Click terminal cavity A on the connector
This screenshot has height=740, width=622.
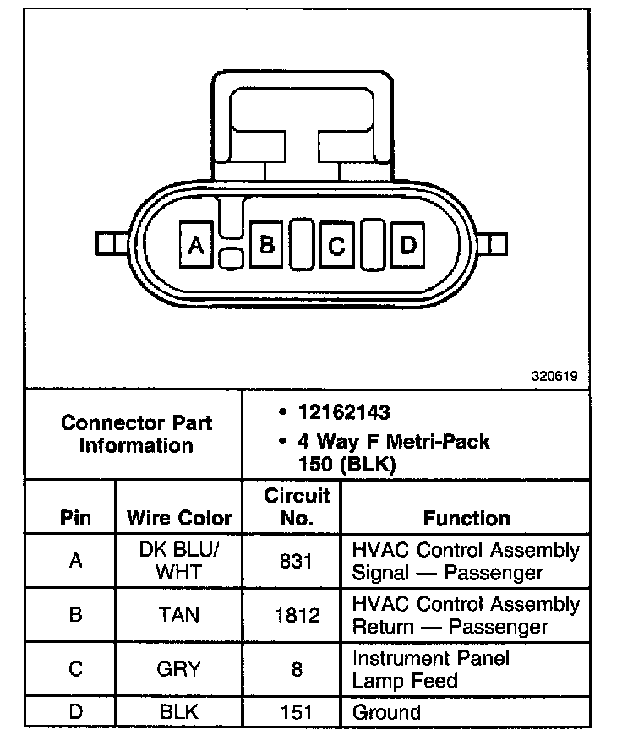[x=196, y=245]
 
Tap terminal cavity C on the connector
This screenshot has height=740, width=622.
[x=337, y=245]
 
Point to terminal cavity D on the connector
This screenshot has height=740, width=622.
[x=408, y=245]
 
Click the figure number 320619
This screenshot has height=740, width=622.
[x=554, y=378]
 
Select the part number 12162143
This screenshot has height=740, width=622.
[x=343, y=413]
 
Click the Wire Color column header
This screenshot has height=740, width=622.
[x=179, y=518]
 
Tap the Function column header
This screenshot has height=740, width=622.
[x=466, y=518]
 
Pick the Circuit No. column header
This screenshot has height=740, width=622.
[x=296, y=506]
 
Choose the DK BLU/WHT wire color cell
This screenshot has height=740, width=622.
[x=179, y=561]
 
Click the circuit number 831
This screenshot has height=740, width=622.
[x=296, y=561]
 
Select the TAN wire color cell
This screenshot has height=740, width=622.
[x=179, y=615]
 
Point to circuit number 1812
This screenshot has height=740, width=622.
[x=296, y=615]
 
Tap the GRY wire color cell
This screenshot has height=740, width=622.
[x=179, y=669]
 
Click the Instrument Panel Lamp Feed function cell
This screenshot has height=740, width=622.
[x=431, y=669]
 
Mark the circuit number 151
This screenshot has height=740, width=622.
[x=296, y=712]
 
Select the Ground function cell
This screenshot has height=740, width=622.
[x=386, y=712]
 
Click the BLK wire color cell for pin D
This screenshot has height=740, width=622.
[x=179, y=712]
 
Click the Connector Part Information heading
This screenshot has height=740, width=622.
[x=136, y=433]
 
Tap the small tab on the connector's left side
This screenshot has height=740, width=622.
[x=106, y=244]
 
